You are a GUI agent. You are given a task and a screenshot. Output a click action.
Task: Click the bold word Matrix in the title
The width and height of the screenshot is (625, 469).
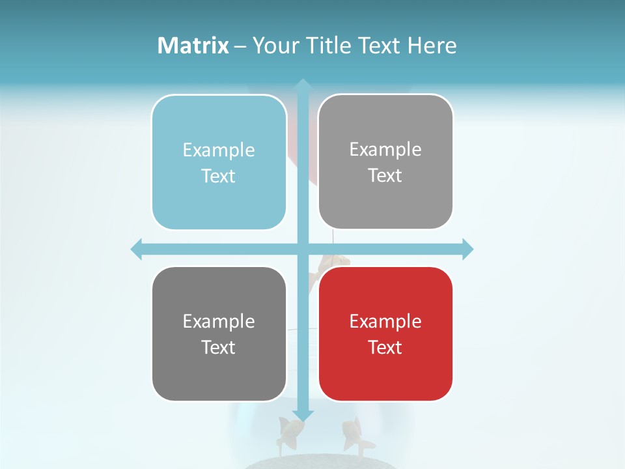click(x=193, y=46)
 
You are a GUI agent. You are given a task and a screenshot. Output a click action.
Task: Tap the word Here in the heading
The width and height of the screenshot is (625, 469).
click(x=432, y=46)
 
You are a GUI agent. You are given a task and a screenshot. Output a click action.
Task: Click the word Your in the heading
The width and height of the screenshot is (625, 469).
click(x=276, y=46)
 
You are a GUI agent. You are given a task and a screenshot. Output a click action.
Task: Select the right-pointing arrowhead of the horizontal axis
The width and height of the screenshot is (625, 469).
click(x=467, y=249)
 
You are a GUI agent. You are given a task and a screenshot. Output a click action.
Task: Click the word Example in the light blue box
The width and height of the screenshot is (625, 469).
click(x=219, y=150)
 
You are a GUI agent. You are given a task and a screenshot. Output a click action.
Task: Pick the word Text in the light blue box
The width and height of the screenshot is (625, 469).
click(x=219, y=176)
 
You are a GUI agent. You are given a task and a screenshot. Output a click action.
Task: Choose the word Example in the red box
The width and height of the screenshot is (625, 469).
click(x=385, y=321)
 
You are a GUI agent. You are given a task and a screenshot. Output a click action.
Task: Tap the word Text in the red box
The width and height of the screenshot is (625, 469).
click(x=385, y=347)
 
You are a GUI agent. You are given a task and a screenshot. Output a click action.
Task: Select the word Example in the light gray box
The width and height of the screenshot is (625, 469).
click(x=385, y=150)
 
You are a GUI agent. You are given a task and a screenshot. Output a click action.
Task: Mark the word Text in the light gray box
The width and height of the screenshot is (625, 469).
click(x=385, y=175)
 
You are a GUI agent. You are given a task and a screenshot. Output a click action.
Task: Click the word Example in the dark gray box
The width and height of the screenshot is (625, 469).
click(x=219, y=321)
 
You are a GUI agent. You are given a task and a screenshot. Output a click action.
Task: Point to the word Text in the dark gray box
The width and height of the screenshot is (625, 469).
click(x=219, y=347)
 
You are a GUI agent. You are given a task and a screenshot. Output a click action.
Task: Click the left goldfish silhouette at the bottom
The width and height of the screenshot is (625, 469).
click(x=290, y=433)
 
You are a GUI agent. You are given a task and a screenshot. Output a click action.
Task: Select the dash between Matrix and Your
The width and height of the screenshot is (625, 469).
click(x=240, y=46)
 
